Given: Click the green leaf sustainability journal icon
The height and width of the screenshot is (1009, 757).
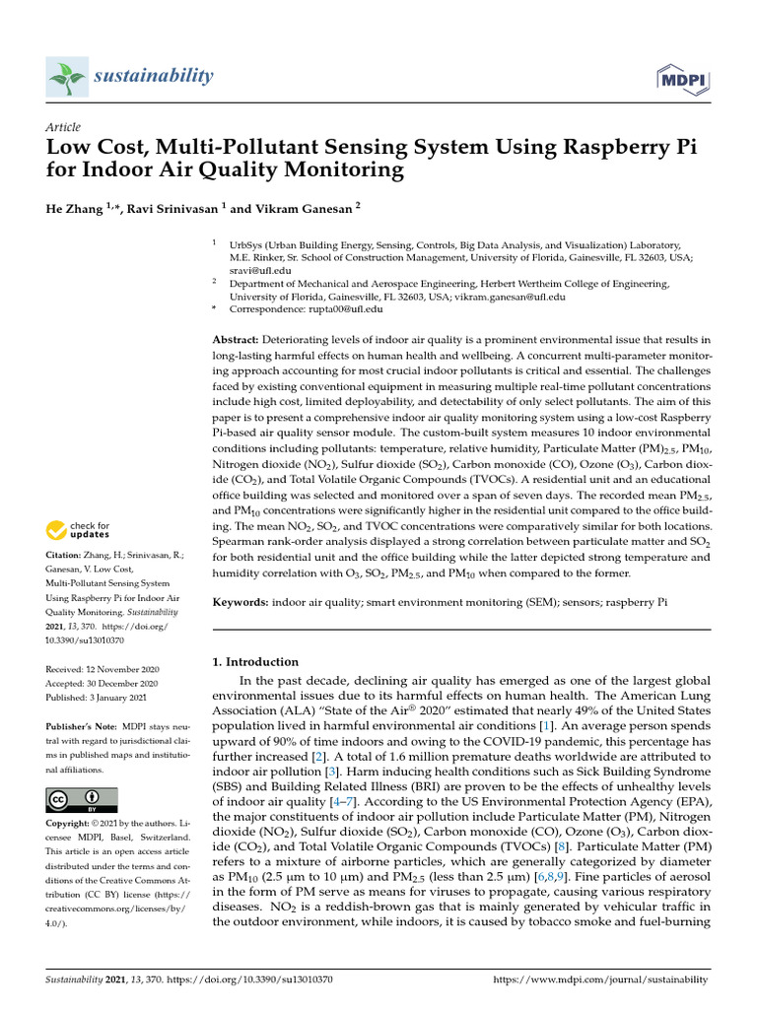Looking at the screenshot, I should [66, 76].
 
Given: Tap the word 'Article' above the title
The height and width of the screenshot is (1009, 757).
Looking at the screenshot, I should [63, 127].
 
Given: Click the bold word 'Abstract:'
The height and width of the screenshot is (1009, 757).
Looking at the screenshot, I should [239, 339].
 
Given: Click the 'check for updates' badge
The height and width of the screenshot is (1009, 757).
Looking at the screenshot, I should [79, 531].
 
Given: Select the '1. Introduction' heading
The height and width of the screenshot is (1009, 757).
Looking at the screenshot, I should [256, 662].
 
